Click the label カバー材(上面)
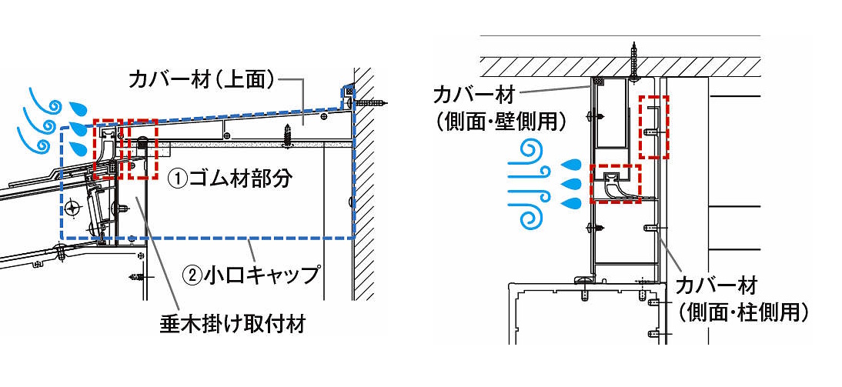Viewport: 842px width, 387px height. tap(202, 79)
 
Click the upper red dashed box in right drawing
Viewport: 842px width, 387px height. tap(656, 127)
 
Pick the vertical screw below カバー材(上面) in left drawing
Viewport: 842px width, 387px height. tap(289, 135)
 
